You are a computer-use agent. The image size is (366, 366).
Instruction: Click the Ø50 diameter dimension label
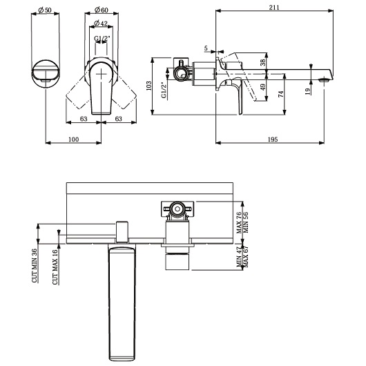(x=45, y=10)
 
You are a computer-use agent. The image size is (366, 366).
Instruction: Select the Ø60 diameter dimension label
(x=102, y=10)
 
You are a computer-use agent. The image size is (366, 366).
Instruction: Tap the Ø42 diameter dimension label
(x=101, y=23)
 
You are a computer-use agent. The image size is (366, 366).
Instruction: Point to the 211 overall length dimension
(x=274, y=7)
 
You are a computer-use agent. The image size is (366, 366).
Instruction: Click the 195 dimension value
(x=273, y=139)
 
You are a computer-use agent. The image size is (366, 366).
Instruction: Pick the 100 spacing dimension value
(x=73, y=139)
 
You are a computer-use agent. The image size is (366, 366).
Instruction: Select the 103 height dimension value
(x=148, y=86)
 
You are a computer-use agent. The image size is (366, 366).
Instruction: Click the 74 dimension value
(x=280, y=95)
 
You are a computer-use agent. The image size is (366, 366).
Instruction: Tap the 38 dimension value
(x=263, y=62)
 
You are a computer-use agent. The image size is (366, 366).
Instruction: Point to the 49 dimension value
(x=263, y=87)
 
